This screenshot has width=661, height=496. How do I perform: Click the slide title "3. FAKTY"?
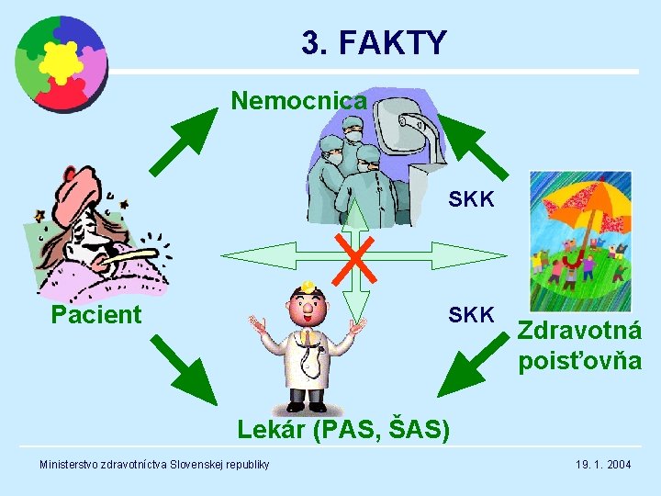coord(374,42)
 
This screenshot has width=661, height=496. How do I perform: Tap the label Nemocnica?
coord(298,99)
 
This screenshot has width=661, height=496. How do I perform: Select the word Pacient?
coord(96,315)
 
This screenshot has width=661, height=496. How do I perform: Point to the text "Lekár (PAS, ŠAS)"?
coord(343,428)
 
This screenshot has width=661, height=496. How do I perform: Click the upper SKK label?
coord(471,198)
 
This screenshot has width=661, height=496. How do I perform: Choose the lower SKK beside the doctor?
coord(471,315)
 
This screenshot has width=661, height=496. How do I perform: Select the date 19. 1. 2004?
coord(603,465)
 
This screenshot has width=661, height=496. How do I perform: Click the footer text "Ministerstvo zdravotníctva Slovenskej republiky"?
coord(154,465)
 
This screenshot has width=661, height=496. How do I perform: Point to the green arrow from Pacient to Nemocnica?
coord(182,141)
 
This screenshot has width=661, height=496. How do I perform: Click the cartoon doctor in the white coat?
coord(307,346)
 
